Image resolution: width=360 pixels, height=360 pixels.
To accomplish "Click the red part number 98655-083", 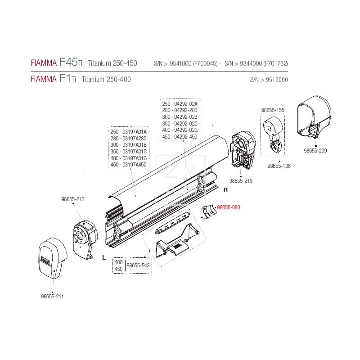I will tap(229, 207).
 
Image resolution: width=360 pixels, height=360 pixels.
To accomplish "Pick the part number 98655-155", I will tap(273, 109).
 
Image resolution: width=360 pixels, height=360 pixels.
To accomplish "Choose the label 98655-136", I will tap(279, 166).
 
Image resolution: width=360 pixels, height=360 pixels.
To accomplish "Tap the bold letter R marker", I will tap(226, 190).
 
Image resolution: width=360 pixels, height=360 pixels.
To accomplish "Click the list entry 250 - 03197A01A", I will tap(128, 131).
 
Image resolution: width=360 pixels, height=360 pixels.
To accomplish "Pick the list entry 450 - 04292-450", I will tap(179, 136).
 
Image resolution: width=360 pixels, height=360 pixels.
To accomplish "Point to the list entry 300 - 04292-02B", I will tap(179, 117).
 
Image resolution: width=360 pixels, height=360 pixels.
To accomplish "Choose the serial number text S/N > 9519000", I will tap(269, 80).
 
